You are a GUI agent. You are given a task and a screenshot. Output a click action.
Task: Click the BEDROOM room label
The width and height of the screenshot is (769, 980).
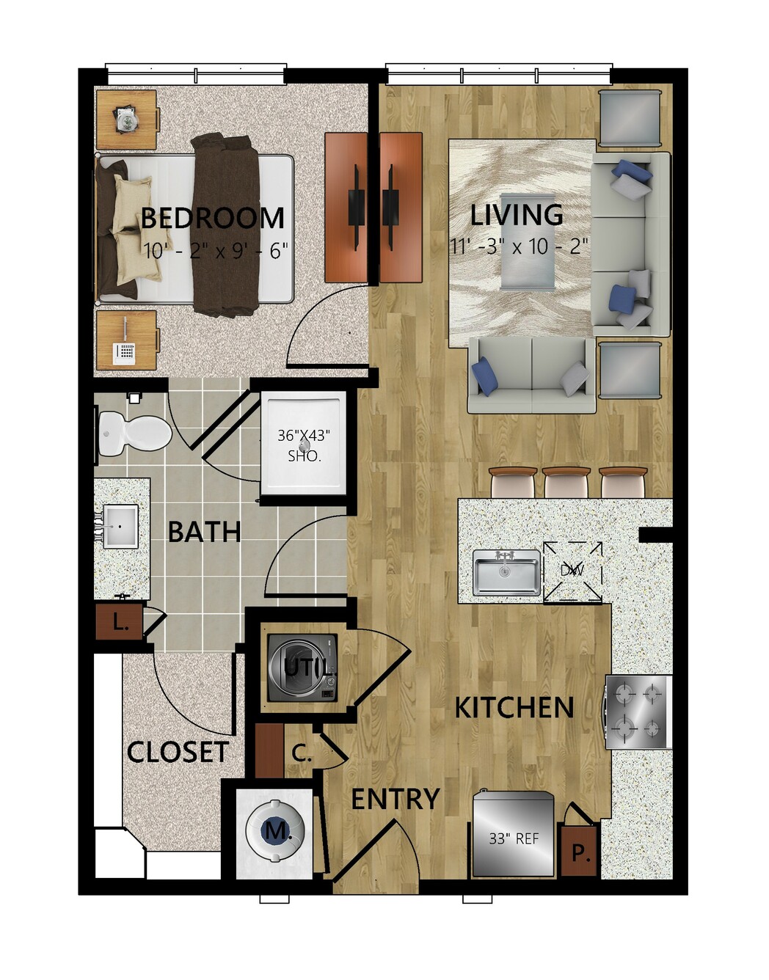pyautogui.click(x=213, y=218)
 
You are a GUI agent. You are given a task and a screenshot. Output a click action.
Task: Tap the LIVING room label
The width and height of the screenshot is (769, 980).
pyautogui.click(x=517, y=215)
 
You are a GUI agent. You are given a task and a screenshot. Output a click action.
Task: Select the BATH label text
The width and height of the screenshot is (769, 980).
pyautogui.click(x=204, y=532)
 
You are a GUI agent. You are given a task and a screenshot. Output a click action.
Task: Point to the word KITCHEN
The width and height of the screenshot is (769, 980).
pyautogui.click(x=514, y=707)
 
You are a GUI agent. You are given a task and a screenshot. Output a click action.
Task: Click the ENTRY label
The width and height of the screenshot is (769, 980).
pyautogui.click(x=395, y=799)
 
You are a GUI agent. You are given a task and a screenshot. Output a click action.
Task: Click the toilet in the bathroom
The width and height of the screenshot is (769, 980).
pyautogui.click(x=135, y=434)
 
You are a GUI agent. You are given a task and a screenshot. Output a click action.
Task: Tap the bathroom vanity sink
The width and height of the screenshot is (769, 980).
pyautogui.click(x=120, y=526)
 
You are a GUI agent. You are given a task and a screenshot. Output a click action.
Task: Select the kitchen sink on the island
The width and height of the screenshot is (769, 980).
pyautogui.click(x=507, y=572)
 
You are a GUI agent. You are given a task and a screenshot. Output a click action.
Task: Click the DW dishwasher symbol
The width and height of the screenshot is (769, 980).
pyautogui.click(x=572, y=571)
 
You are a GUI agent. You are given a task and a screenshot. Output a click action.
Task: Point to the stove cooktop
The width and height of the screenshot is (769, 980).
pyautogui.click(x=638, y=712)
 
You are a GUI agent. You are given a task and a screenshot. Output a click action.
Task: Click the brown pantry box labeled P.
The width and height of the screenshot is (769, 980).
pyautogui.click(x=580, y=849)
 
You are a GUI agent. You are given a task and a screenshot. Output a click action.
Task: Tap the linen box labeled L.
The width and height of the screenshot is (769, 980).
pyautogui.click(x=119, y=624)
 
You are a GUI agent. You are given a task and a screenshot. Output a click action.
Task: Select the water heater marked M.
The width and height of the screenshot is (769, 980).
pyautogui.click(x=274, y=830)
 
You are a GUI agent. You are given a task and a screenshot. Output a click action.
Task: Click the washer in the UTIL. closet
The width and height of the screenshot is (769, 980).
pyautogui.click(x=302, y=668)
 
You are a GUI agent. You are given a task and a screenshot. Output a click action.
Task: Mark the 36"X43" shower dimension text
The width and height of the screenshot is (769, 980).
pyautogui.click(x=304, y=436)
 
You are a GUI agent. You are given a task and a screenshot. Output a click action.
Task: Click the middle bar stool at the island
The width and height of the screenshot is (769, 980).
pyautogui.click(x=566, y=482)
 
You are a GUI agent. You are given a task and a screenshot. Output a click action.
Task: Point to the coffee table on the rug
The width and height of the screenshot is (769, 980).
pyautogui.click(x=528, y=241)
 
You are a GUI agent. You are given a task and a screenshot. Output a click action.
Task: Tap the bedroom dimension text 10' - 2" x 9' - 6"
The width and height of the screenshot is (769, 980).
pyautogui.click(x=216, y=250)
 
